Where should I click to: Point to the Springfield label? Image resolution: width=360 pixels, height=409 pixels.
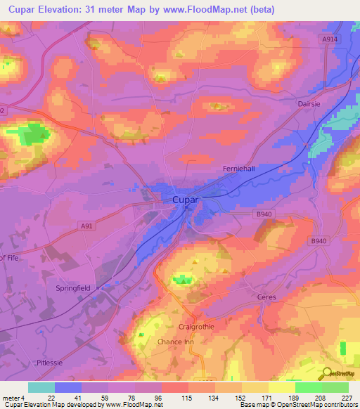75,288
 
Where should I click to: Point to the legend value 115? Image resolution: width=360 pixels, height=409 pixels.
186,397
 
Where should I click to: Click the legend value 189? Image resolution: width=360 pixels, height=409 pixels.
293,397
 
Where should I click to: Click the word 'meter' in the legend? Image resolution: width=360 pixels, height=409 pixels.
13,397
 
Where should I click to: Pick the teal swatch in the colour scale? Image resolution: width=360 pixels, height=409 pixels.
41,387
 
